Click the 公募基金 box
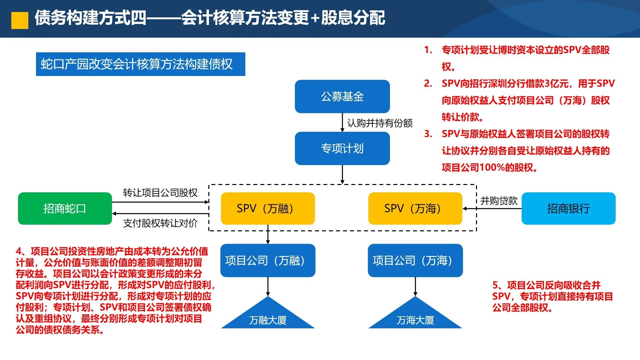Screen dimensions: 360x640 (342, 96)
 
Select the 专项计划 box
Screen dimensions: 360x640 (342, 148)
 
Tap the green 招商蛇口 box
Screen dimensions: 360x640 (65, 208)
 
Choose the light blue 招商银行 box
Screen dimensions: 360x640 (568, 208)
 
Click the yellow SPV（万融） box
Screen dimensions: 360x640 (268, 208)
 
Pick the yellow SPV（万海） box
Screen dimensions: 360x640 (415, 208)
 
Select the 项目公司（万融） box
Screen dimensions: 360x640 (268, 260)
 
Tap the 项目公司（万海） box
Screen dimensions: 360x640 (415, 260)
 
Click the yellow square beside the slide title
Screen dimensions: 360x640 (20, 21)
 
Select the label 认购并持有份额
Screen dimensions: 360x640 (380, 123)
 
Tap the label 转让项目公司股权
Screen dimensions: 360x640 (160, 193)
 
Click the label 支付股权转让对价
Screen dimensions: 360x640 (160, 223)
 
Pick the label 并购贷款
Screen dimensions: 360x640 (499, 201)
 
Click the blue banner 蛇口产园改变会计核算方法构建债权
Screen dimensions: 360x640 (140, 64)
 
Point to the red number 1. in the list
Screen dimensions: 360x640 (428, 50)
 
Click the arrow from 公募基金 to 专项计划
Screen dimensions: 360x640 (342, 122)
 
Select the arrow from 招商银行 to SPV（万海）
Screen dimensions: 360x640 (492, 209)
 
